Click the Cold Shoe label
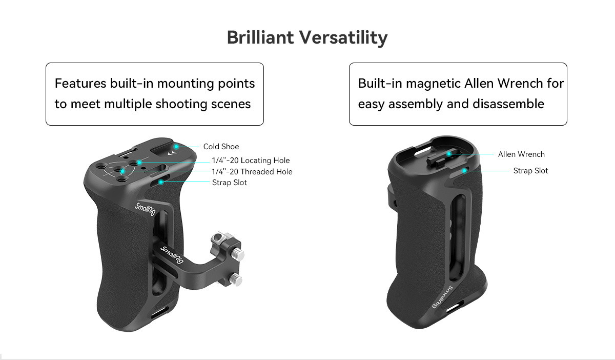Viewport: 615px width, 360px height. point(221,147)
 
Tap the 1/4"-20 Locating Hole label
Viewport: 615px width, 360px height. point(251,160)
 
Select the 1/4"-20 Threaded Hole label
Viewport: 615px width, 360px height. point(252,171)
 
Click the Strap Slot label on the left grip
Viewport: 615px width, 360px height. point(230,183)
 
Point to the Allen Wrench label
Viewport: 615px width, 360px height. point(521,154)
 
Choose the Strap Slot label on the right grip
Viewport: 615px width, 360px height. point(531,171)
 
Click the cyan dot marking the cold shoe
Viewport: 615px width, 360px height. point(176,147)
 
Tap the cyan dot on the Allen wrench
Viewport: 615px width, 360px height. point(449,154)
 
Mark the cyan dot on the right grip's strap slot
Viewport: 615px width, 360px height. point(464,171)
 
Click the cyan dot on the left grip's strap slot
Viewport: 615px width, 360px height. point(161,182)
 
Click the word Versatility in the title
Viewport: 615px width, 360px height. point(343,37)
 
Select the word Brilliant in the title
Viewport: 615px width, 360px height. point(260,37)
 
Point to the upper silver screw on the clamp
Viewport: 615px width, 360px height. point(238,254)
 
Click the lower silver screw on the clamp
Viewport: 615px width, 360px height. point(236,280)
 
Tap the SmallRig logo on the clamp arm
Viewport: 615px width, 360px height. point(172,255)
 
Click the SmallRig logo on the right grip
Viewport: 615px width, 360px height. point(442,297)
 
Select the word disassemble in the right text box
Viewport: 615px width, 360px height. point(508,104)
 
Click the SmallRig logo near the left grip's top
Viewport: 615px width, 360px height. point(145,209)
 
